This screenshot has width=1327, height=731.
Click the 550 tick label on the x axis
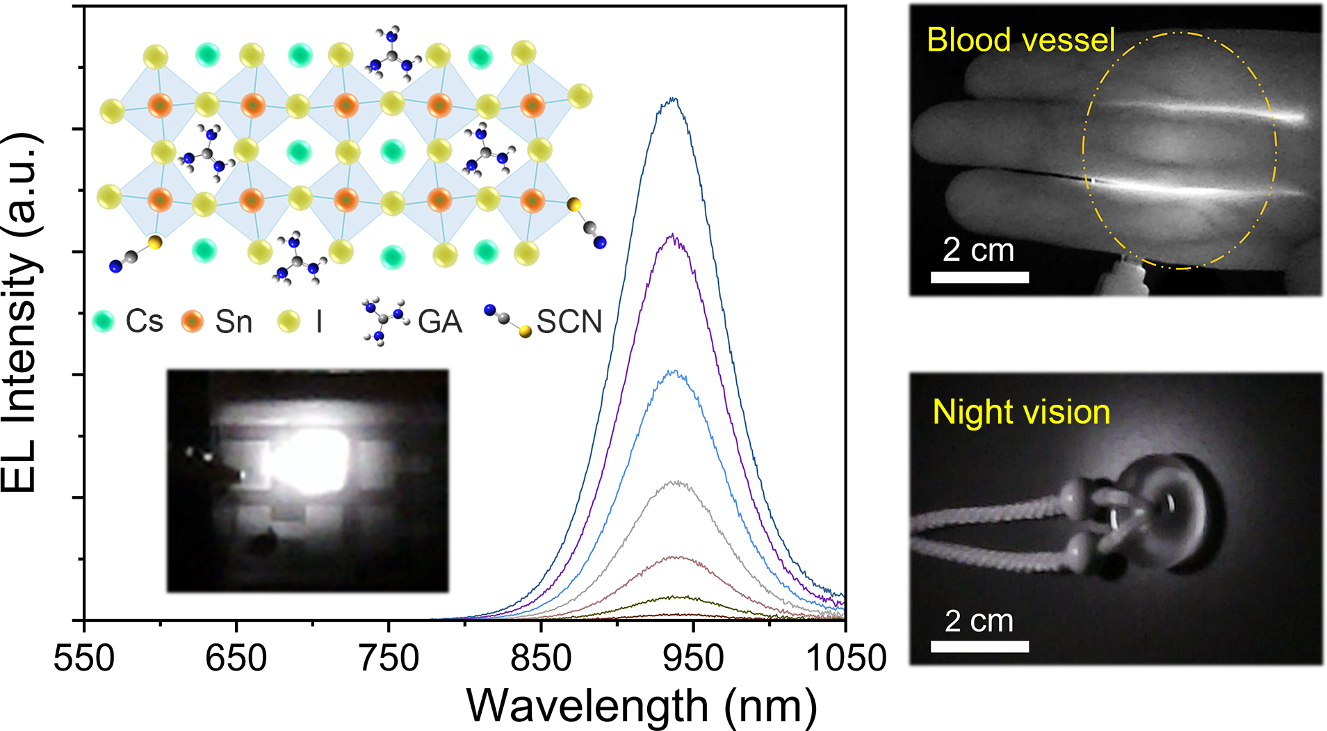[84, 657]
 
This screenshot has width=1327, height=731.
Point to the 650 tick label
[236, 657]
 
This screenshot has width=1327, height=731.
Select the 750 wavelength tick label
[389, 657]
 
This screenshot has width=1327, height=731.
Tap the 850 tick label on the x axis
[541, 657]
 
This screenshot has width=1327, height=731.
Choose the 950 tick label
[693, 657]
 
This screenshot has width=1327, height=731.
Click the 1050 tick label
[845, 657]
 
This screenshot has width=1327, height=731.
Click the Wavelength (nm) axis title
[641, 706]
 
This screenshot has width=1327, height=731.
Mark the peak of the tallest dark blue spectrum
[672, 99]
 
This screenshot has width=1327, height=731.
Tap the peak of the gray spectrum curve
[674, 481]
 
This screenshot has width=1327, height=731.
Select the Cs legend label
[144, 321]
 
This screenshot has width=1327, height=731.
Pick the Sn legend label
[233, 321]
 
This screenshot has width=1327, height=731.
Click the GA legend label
[440, 321]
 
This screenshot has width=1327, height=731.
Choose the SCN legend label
[569, 321]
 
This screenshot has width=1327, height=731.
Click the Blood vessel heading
[1020, 40]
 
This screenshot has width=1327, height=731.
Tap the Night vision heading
[1020, 412]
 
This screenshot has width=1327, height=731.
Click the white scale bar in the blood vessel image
[979, 278]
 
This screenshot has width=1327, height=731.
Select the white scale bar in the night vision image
[979, 646]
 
